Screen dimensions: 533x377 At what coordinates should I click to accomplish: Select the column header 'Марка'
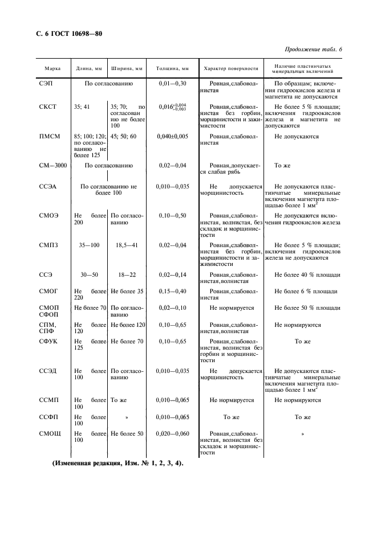(x=53, y=69)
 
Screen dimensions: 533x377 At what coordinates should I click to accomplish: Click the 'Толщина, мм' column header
(x=172, y=69)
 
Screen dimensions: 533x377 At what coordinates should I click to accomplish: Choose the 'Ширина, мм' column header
(x=127, y=69)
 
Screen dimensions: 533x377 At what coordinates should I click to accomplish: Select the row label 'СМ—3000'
(x=52, y=166)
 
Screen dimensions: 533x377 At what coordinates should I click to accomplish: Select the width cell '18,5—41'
(x=127, y=244)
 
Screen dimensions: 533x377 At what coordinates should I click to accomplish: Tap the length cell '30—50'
(x=90, y=274)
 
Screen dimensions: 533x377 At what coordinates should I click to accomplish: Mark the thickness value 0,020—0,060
(x=172, y=434)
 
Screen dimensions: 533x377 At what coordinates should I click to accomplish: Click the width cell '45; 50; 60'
(x=123, y=137)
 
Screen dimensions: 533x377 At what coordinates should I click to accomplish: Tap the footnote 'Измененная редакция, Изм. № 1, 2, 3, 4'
(x=118, y=464)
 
